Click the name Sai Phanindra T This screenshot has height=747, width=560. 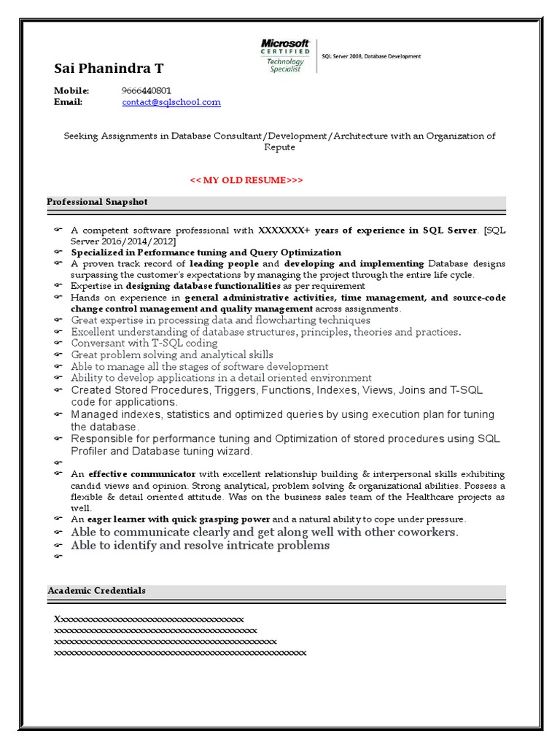tap(109, 69)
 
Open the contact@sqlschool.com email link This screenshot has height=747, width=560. tap(171, 102)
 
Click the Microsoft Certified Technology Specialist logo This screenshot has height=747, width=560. tap(285, 56)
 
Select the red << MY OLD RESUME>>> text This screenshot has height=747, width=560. tap(246, 180)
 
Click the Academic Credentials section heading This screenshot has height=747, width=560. tap(96, 590)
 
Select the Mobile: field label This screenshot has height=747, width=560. tap(71, 90)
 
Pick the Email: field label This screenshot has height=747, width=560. tap(69, 102)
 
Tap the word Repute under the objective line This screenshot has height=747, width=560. tap(279, 147)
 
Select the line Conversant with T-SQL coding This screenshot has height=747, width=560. tap(144, 343)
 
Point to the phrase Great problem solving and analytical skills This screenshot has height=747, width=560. tap(172, 355)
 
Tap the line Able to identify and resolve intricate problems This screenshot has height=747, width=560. tap(200, 545)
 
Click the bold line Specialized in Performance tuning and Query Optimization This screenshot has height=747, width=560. tap(206, 252)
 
